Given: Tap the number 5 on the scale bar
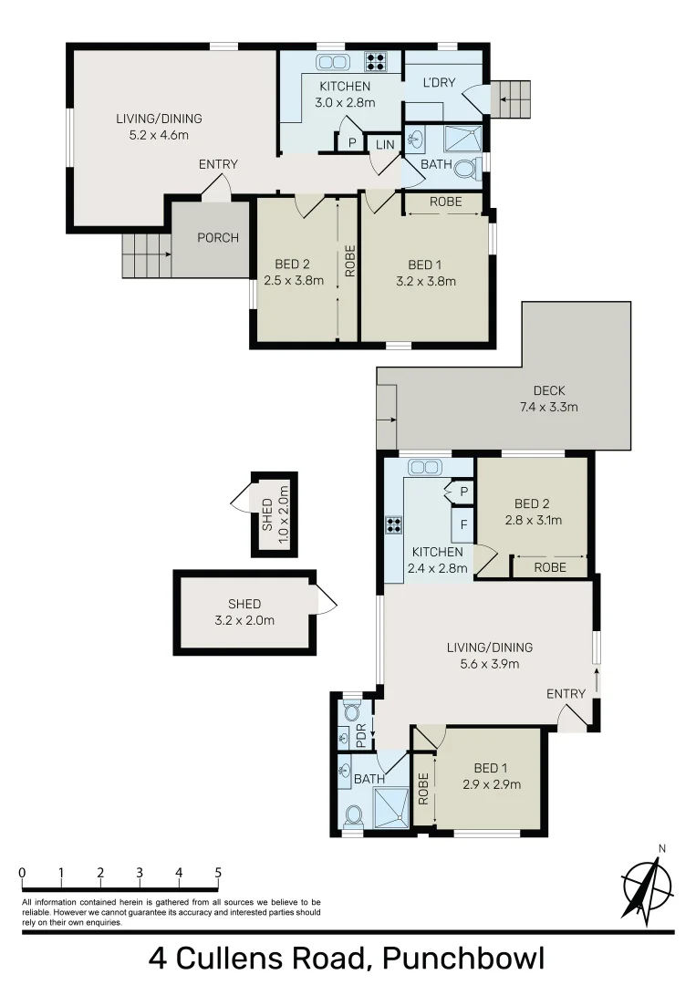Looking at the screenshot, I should pyautogui.click(x=218, y=873).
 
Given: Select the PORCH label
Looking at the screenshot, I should pyautogui.click(x=218, y=238).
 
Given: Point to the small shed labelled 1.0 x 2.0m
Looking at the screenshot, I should pyautogui.click(x=274, y=514).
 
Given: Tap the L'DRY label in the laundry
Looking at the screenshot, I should pyautogui.click(x=439, y=83).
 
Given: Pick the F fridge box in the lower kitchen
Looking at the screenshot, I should pyautogui.click(x=463, y=525).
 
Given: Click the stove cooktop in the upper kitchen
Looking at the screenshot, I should pyautogui.click(x=376, y=62).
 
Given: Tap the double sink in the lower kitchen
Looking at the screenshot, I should pyautogui.click(x=424, y=467).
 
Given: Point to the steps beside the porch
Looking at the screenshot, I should pyautogui.click(x=146, y=255).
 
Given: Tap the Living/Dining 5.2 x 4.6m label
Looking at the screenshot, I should pyautogui.click(x=159, y=127).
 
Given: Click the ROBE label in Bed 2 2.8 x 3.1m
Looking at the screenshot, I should pyautogui.click(x=549, y=567).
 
